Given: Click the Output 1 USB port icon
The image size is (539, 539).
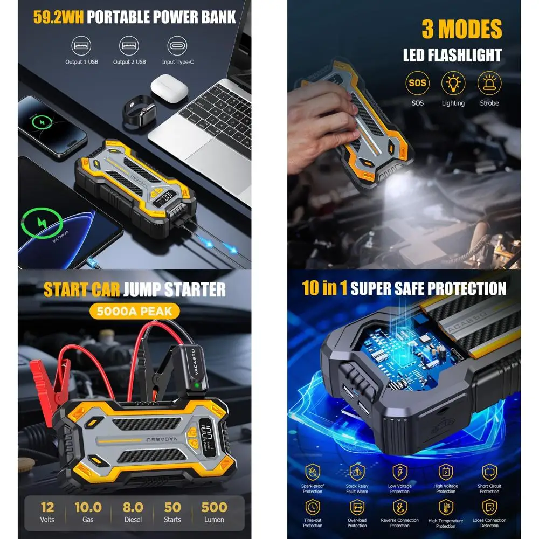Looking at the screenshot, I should pyautogui.click(x=81, y=45).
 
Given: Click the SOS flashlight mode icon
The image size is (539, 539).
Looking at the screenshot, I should pyautogui.click(x=417, y=84).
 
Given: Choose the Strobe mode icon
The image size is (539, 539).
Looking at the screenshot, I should pyautogui.click(x=489, y=84).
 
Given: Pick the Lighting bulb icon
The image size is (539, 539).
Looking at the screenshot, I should pyautogui.click(x=453, y=84).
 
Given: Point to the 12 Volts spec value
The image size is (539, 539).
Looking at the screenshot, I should pyautogui.click(x=47, y=508).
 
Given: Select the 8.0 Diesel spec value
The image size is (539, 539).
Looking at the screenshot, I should pyautogui.click(x=133, y=508).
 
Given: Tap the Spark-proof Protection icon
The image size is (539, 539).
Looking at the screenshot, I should pyautogui.click(x=313, y=472).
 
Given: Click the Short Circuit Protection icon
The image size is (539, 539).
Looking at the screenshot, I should pyautogui.click(x=489, y=472).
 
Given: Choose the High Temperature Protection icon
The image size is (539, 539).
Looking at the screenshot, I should pyautogui.click(x=446, y=507).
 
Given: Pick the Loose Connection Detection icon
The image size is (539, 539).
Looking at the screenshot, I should pyautogui.click(x=489, y=507).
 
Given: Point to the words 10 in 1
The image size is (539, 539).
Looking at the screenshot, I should pyautogui.click(x=324, y=288).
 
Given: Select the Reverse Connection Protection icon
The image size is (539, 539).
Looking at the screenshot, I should pyautogui.click(x=399, y=507).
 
